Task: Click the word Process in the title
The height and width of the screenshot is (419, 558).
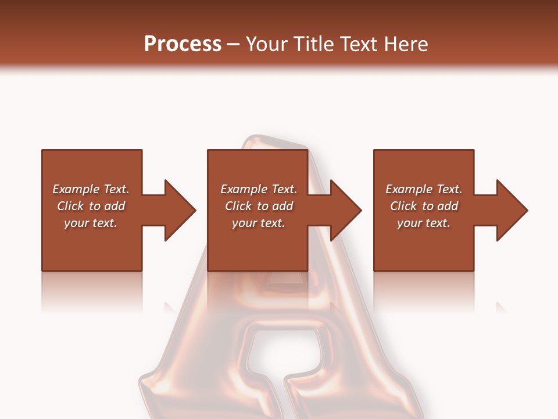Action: coord(183,44)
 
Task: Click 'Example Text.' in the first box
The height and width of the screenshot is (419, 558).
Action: coord(91,189)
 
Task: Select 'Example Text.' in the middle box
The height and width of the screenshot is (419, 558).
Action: coord(258,189)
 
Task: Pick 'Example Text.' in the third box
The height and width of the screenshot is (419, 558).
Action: coord(424,189)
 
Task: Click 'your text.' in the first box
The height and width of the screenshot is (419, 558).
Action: coord(91,223)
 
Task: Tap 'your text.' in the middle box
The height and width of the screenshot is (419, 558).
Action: coord(258,223)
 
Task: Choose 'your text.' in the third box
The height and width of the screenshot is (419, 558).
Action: coord(424,223)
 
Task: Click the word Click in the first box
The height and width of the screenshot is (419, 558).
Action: coord(70,206)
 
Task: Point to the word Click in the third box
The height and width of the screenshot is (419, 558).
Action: coord(403,206)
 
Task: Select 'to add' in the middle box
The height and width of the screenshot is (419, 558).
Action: coord(275,206)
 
